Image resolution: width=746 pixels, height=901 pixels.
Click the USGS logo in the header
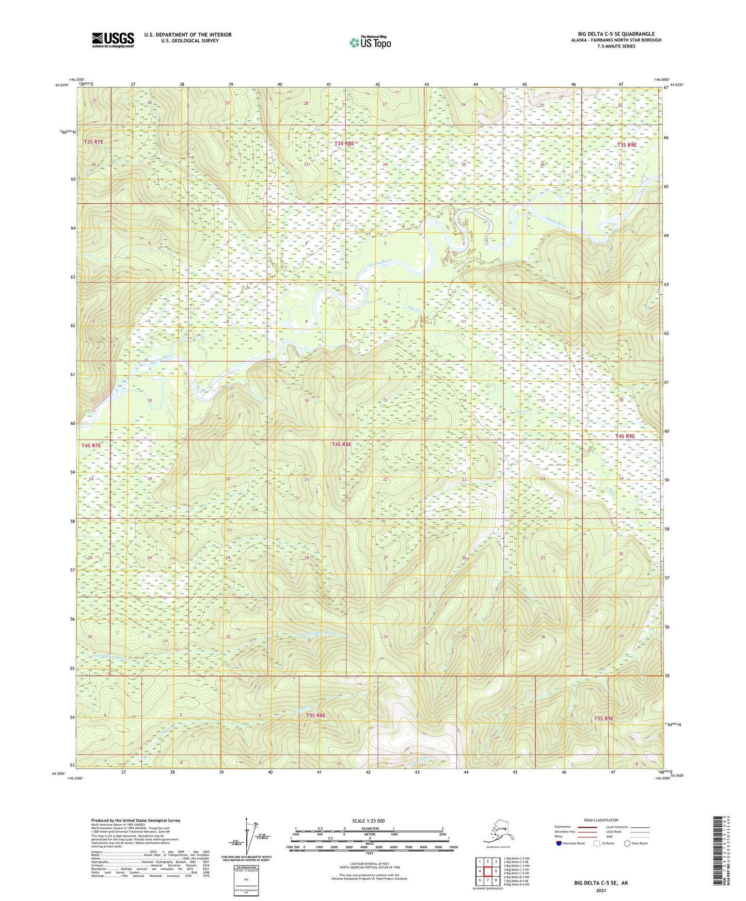(x=113, y=40)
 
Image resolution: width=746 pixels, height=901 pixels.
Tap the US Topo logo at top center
(x=370, y=42)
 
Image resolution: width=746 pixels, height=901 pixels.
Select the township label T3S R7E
(x=93, y=141)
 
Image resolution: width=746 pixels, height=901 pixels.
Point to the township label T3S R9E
(x=627, y=145)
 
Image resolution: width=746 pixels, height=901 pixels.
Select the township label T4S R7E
(x=91, y=445)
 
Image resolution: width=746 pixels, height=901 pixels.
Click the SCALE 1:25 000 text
(x=369, y=821)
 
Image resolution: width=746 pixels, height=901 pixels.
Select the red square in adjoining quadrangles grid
(x=487, y=871)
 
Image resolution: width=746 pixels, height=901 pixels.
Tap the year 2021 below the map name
(x=601, y=890)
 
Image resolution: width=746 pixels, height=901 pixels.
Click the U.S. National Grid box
(x=246, y=879)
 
